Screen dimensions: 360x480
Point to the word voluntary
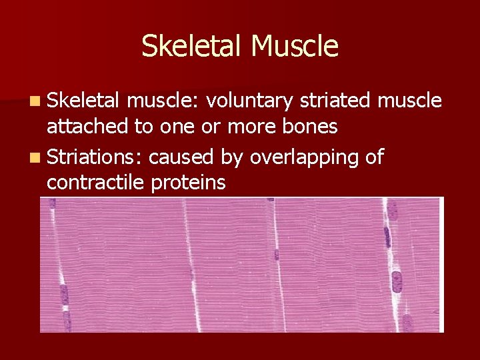click(250, 101)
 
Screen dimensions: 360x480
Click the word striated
click(335, 100)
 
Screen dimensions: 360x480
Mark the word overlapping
click(305, 157)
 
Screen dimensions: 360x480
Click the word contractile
click(95, 182)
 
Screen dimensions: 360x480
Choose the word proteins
click(188, 183)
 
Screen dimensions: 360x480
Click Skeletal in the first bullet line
click(83, 100)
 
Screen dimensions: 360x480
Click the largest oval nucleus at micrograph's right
click(397, 281)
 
